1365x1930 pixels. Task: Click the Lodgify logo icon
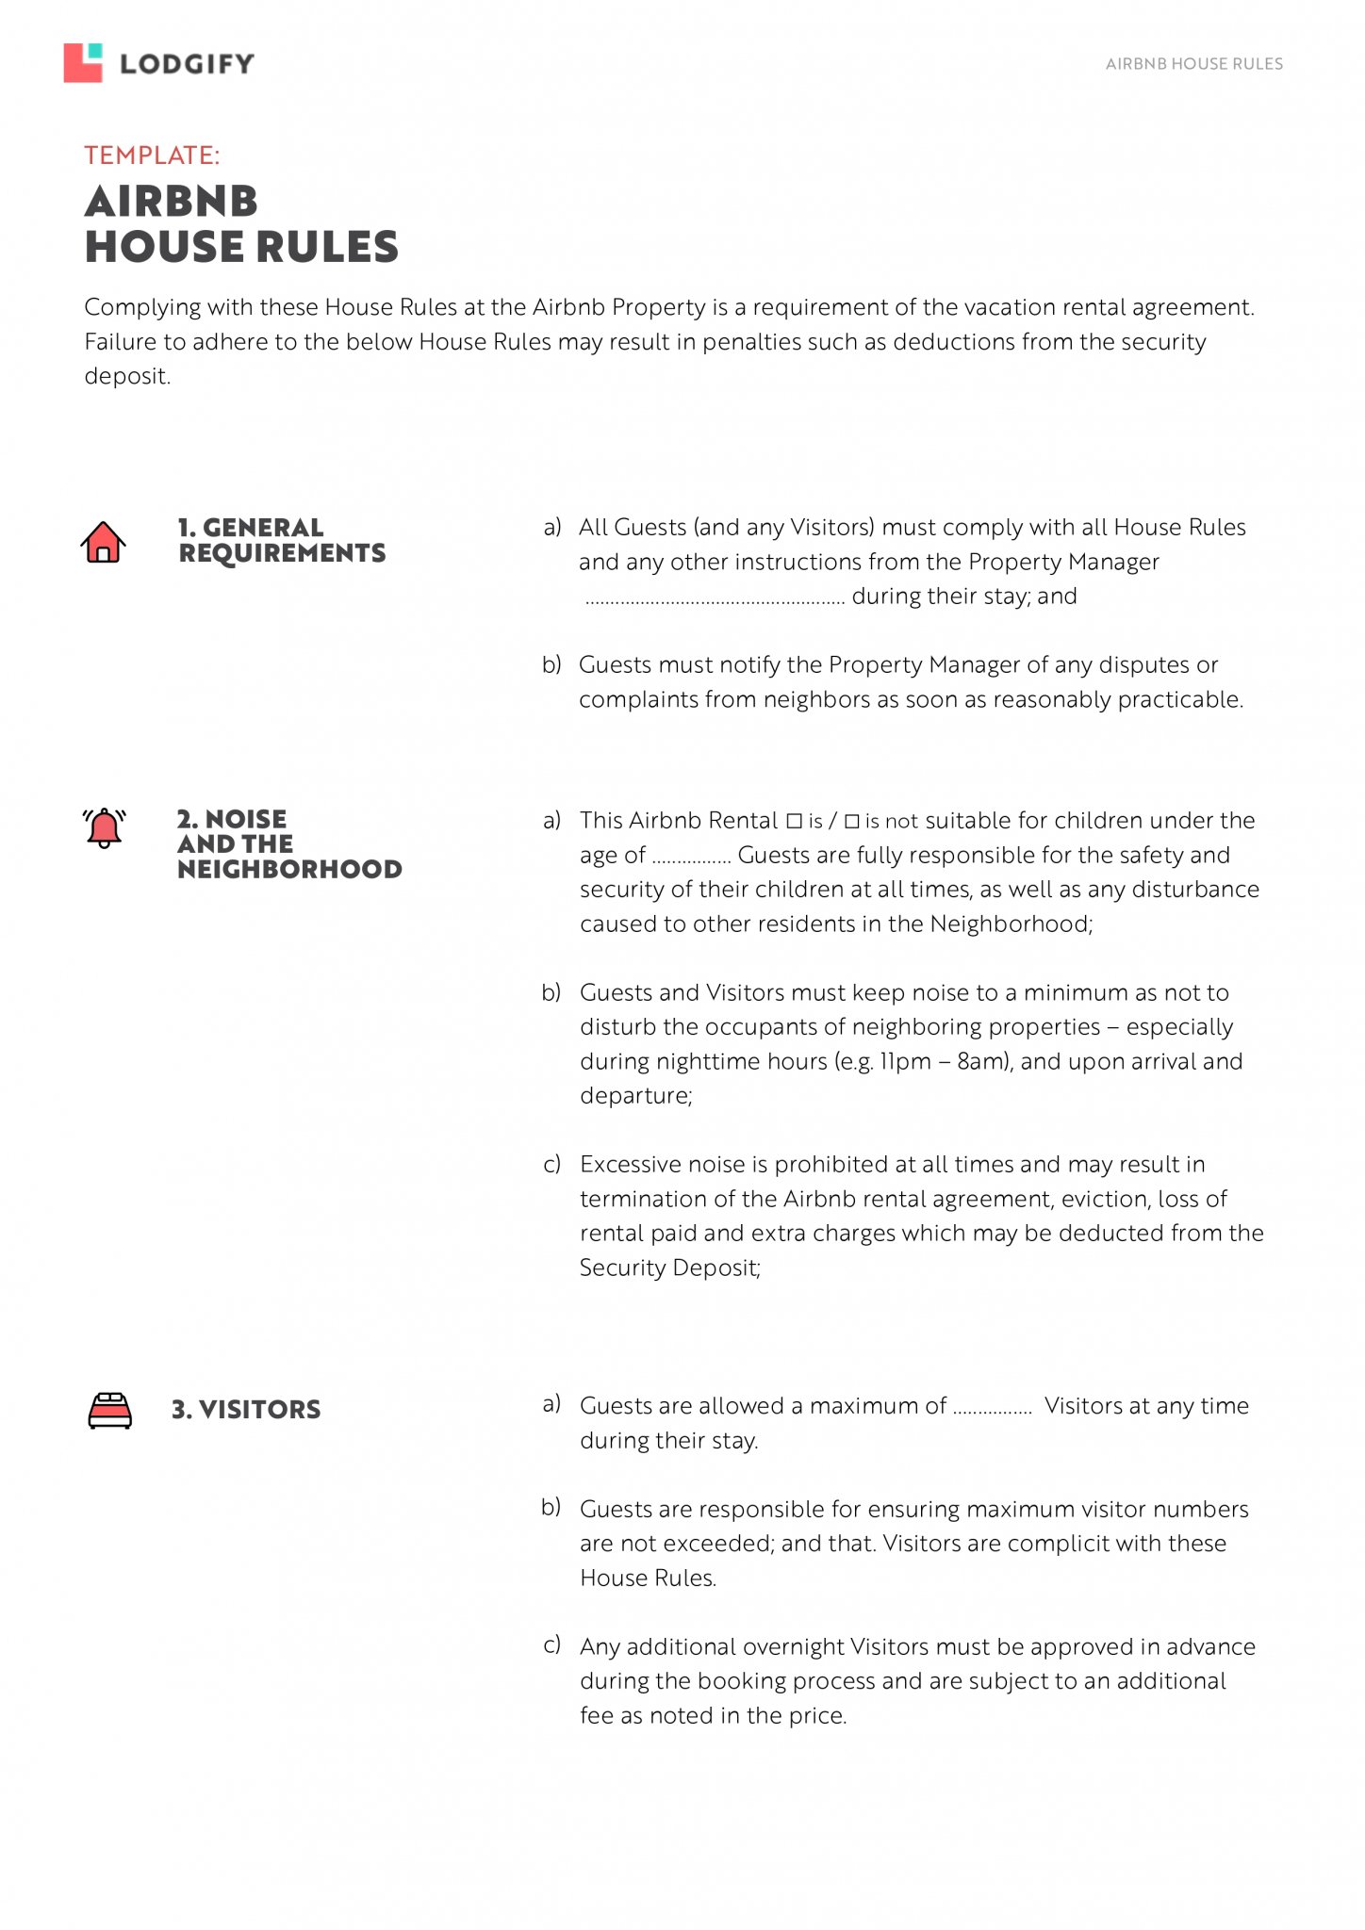(83, 63)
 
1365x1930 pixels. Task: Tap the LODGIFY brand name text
(187, 64)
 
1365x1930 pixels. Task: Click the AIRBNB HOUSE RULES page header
(1193, 64)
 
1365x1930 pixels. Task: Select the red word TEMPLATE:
(152, 155)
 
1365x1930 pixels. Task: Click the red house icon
(103, 542)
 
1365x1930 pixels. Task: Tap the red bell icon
(104, 828)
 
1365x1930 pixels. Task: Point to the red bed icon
(109, 1410)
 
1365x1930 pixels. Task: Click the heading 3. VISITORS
(246, 1410)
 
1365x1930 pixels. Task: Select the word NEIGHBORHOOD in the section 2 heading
(289, 869)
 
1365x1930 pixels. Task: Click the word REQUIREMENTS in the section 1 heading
(282, 553)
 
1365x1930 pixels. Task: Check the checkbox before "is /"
(794, 821)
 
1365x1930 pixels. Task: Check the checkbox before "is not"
(852, 821)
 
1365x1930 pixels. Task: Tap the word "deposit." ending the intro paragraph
(127, 377)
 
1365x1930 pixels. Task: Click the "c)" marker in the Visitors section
(551, 1645)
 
